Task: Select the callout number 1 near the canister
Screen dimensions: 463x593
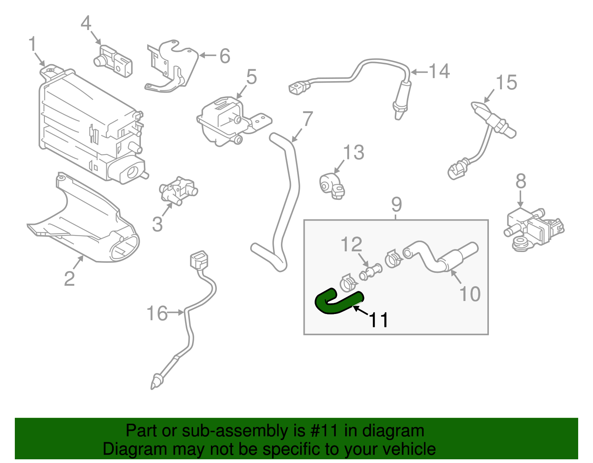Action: pyautogui.click(x=33, y=44)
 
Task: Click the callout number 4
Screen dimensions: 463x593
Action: pyautogui.click(x=86, y=23)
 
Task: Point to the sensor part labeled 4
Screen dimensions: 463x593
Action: pyautogui.click(x=113, y=61)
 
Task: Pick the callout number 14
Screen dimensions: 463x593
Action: pyautogui.click(x=439, y=71)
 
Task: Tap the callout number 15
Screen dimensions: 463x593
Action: pyautogui.click(x=506, y=82)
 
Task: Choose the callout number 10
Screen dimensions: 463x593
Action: pyautogui.click(x=470, y=294)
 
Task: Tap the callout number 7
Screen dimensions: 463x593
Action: pyautogui.click(x=308, y=119)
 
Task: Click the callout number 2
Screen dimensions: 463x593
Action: pyautogui.click(x=69, y=279)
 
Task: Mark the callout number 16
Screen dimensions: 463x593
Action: pyautogui.click(x=157, y=313)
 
